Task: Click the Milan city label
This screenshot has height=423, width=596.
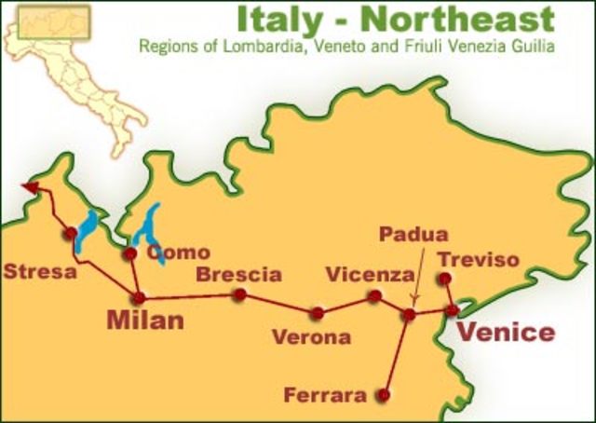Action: pyautogui.click(x=145, y=321)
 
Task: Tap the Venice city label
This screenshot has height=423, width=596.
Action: pyautogui.click(x=508, y=333)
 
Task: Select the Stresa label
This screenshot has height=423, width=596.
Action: pyautogui.click(x=40, y=273)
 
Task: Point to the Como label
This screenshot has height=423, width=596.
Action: pyautogui.click(x=179, y=252)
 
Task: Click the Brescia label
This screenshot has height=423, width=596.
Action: pyautogui.click(x=239, y=274)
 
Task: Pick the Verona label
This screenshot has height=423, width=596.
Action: pyautogui.click(x=311, y=336)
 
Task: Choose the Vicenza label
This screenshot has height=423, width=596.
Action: pyautogui.click(x=369, y=275)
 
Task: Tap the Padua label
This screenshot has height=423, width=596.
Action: pyautogui.click(x=413, y=235)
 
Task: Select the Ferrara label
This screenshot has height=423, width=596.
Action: pyautogui.click(x=325, y=396)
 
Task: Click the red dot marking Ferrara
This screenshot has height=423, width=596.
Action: pyautogui.click(x=382, y=395)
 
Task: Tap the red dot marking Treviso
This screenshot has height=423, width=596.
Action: pyautogui.click(x=445, y=279)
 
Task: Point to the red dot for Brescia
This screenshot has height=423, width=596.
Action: pyautogui.click(x=239, y=294)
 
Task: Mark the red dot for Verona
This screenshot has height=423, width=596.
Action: pyautogui.click(x=318, y=313)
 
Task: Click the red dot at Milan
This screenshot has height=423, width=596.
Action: pyautogui.click(x=139, y=298)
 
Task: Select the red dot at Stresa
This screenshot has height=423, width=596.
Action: pyautogui.click(x=70, y=234)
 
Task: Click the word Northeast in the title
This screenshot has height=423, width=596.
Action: pyautogui.click(x=461, y=18)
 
